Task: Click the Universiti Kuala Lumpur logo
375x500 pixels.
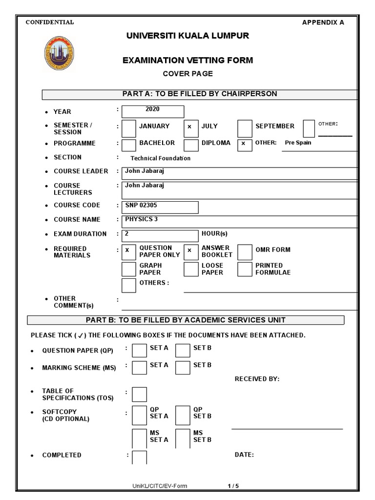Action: tap(61, 55)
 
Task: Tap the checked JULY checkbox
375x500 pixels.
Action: tap(191, 128)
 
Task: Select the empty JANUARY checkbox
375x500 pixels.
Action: tap(128, 128)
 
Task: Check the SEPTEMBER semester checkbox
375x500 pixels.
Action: tap(245, 128)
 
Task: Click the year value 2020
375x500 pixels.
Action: tap(152, 109)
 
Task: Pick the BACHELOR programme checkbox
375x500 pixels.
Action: tap(128, 145)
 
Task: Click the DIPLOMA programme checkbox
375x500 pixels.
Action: tap(191, 145)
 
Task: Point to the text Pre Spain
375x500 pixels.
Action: tap(298, 143)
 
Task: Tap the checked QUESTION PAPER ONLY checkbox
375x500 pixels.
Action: tap(128, 251)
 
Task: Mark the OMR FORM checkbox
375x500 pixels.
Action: tap(245, 252)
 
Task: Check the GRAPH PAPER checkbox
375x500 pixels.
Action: tap(128, 269)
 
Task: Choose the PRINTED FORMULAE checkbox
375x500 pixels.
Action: tap(245, 269)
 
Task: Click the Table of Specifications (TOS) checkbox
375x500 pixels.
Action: tap(139, 394)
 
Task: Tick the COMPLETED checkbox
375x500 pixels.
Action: tap(140, 457)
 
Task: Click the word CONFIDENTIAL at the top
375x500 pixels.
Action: tap(50, 22)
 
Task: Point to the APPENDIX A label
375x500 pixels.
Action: tap(323, 22)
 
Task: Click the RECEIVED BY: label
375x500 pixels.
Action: tap(257, 379)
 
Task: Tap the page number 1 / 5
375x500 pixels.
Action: tap(233, 486)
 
